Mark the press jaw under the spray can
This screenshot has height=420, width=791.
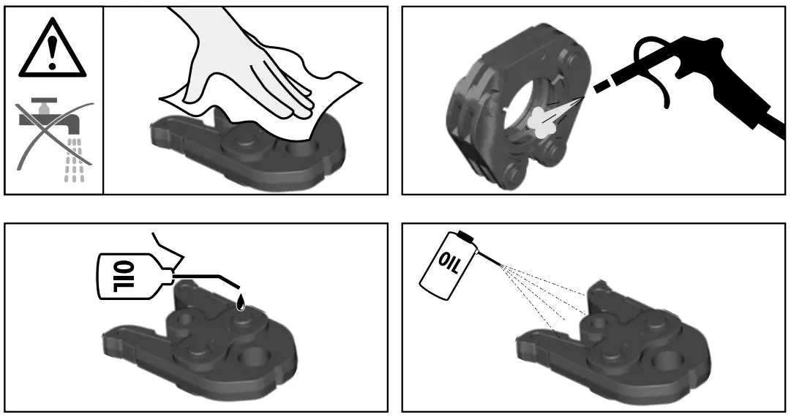[x=622, y=344]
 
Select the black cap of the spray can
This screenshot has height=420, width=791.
[x=465, y=236]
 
